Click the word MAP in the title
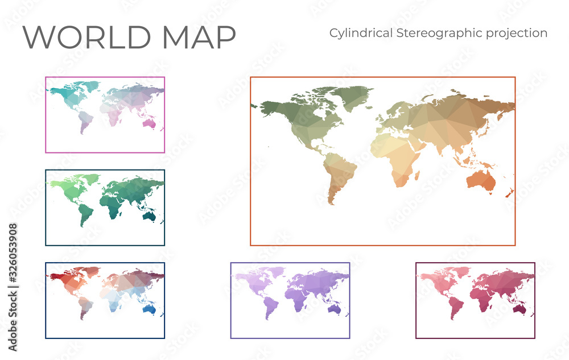pos(199,37)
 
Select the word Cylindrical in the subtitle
pos(360,33)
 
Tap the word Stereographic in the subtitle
pos(436,33)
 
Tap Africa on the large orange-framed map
pos(399,156)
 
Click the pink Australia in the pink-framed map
pos(150,123)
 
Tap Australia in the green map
pos(150,216)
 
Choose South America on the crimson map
pos(455,305)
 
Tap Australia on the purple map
pos(335,308)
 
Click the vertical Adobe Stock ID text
pos(13,287)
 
